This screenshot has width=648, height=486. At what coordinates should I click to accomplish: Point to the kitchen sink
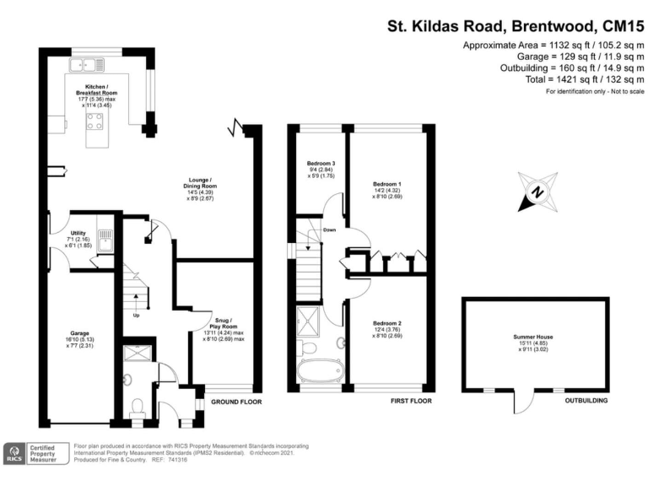click(88, 62)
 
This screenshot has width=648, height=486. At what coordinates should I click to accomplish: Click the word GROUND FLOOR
click(235, 402)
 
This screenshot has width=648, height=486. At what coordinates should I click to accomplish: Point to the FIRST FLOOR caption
click(411, 402)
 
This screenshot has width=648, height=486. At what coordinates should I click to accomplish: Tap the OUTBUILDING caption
click(587, 402)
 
